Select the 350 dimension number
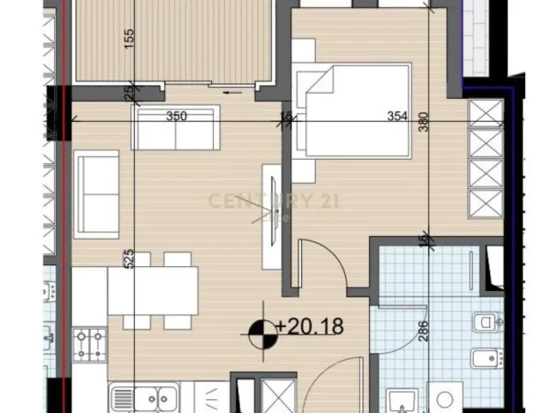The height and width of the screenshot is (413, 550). (x=176, y=117)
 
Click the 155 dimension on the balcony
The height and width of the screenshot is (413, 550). (x=129, y=42)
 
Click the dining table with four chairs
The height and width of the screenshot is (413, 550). (x=151, y=292)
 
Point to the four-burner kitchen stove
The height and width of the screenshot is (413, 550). (x=89, y=345)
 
